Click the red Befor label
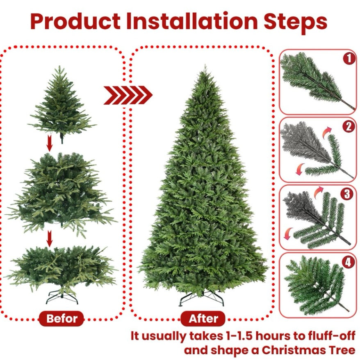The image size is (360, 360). click(61, 318)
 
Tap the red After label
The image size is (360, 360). click(203, 318)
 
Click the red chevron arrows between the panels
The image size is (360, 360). click(128, 95)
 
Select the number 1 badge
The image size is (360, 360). click(349, 59)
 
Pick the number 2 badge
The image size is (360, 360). click(349, 126)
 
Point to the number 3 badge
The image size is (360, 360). click(349, 194)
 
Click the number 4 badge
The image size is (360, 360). click(349, 261)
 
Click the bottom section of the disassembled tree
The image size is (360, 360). click(62, 267)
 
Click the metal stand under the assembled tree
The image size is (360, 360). click(202, 298)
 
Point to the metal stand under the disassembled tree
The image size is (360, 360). click(62, 296)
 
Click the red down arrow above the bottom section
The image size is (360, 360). click(50, 238)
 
